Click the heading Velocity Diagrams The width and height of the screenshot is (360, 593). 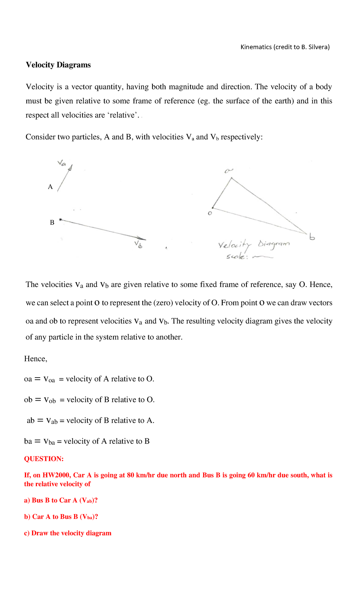(x=58, y=65)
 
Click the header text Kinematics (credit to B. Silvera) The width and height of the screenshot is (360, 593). (x=285, y=47)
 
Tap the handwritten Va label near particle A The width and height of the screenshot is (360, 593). (x=61, y=163)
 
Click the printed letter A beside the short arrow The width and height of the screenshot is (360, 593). (x=50, y=187)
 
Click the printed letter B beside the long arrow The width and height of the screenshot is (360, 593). (x=52, y=223)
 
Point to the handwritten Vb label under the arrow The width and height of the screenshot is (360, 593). (x=138, y=244)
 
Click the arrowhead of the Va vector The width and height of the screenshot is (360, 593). (x=70, y=168)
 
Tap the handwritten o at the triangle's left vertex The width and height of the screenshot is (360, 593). (x=210, y=213)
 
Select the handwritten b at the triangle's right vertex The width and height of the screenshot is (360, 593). (x=312, y=237)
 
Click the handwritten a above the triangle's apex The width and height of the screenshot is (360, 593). (x=229, y=171)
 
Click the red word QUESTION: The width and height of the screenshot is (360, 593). (x=44, y=459)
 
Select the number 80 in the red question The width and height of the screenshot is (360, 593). (x=130, y=475)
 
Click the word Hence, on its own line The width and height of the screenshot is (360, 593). (x=36, y=359)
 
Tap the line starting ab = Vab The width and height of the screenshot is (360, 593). (x=90, y=420)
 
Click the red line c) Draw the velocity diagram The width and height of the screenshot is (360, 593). (x=67, y=533)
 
